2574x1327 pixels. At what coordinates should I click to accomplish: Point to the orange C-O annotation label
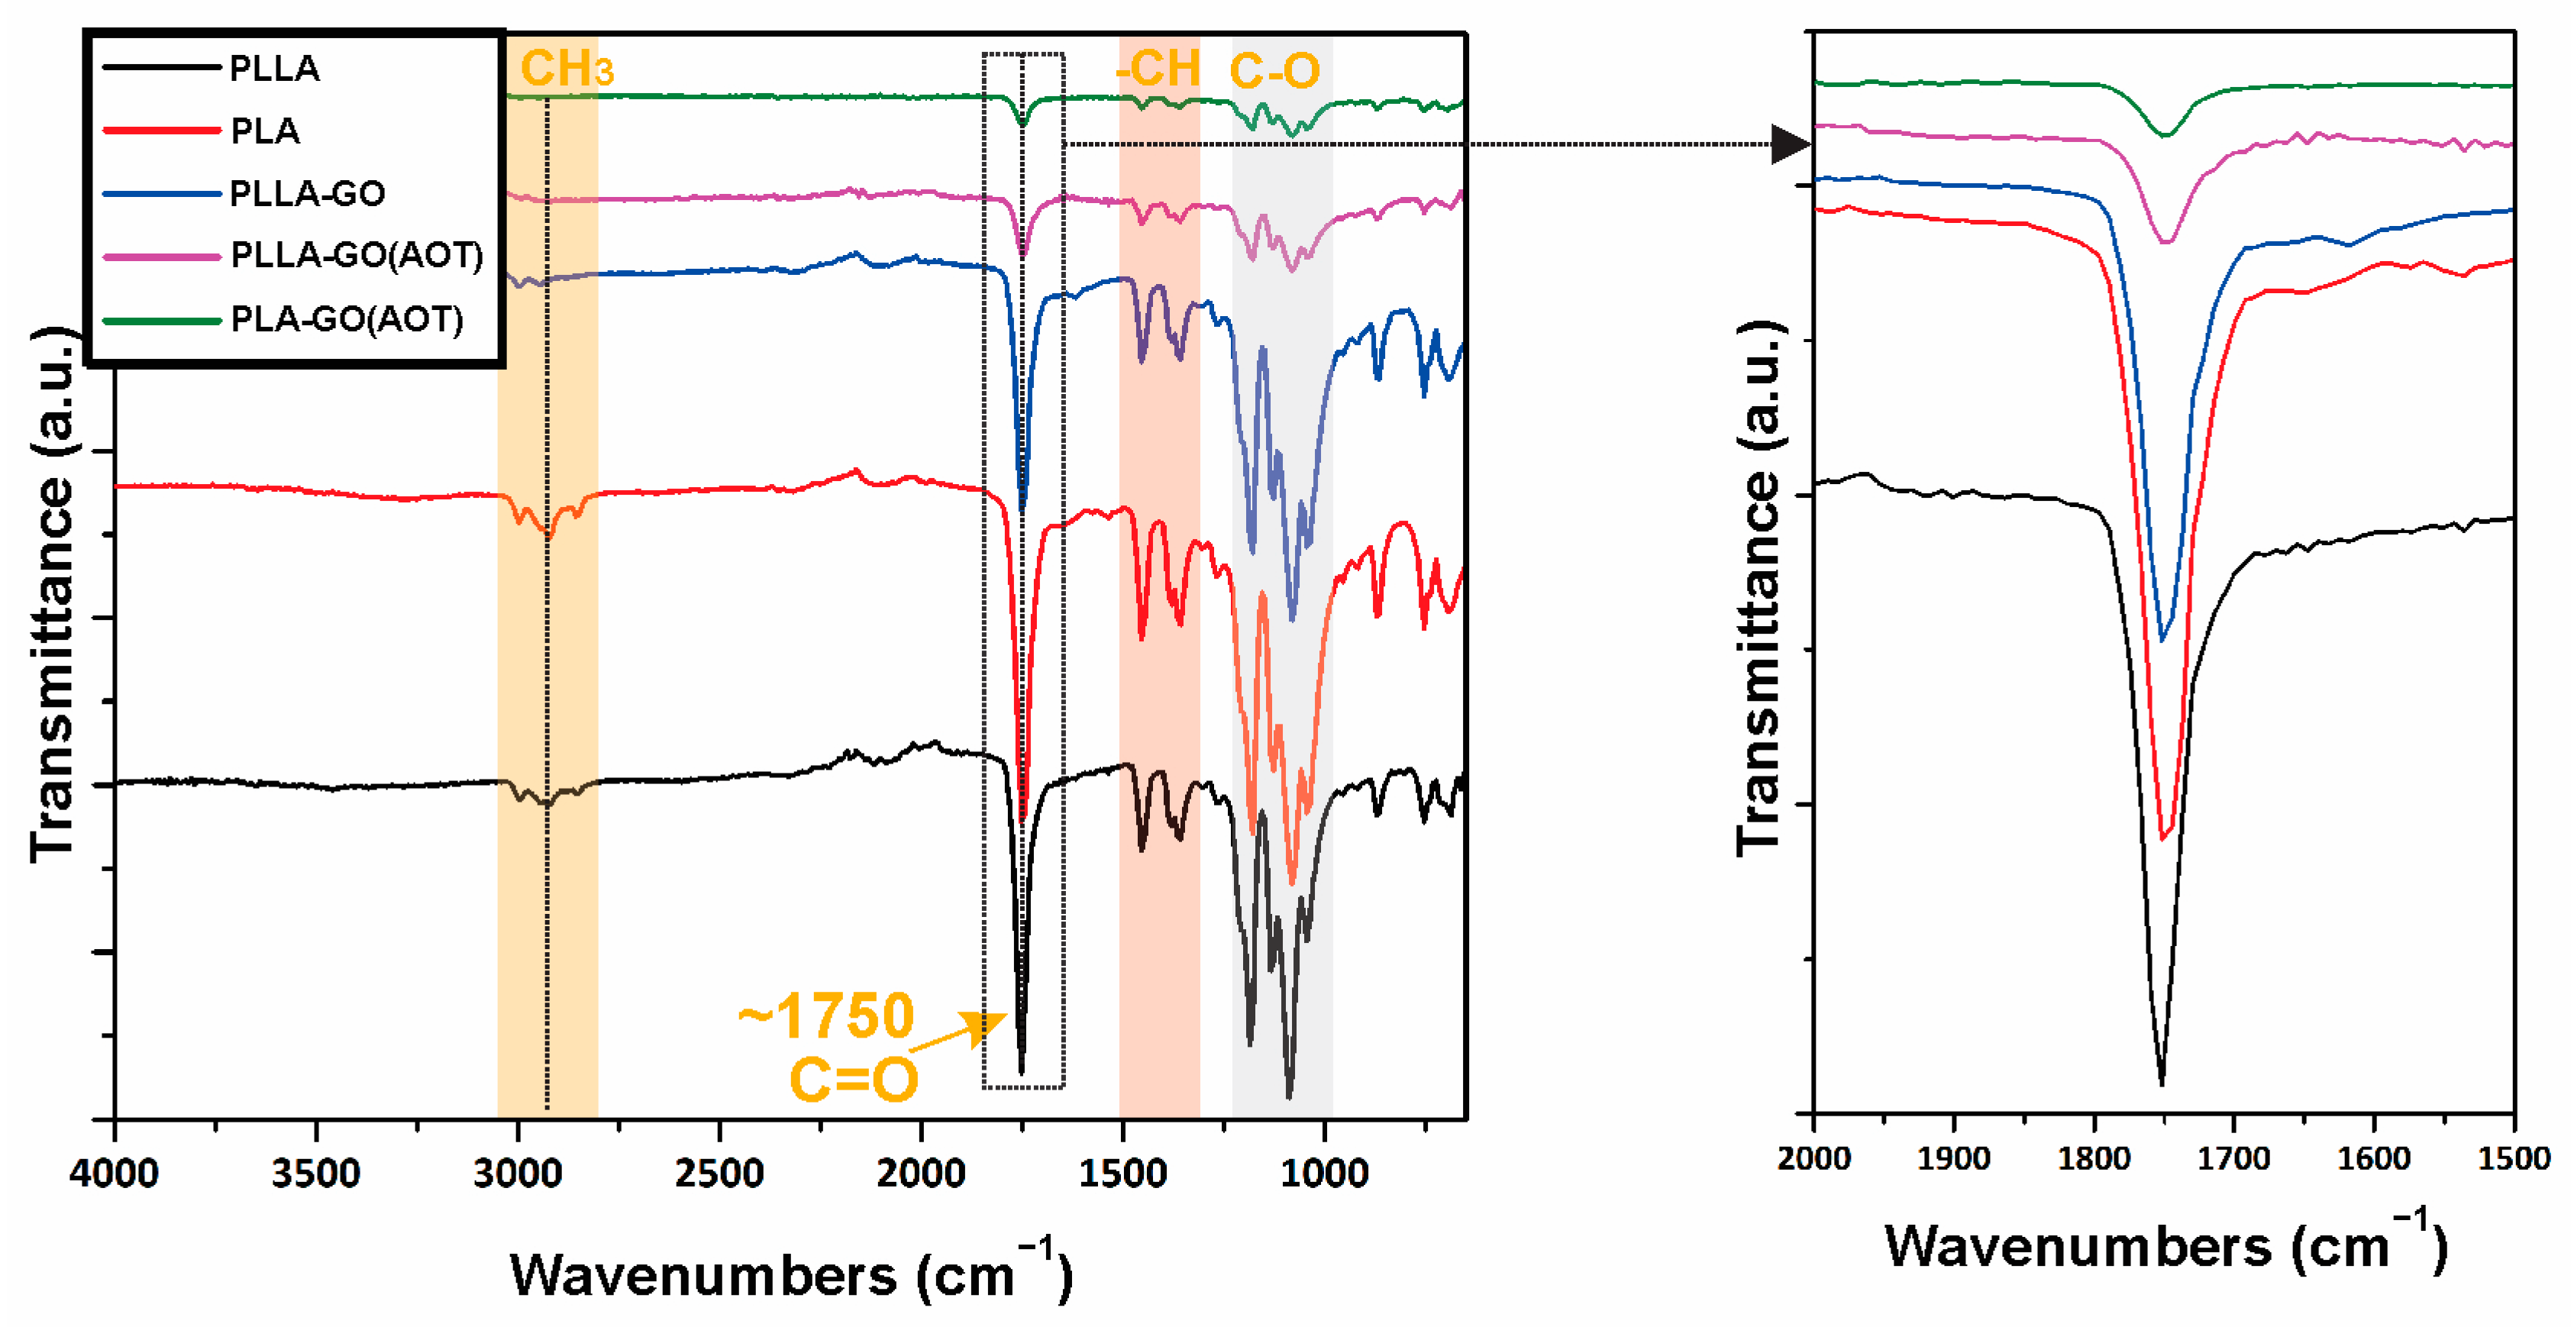click(x=1274, y=71)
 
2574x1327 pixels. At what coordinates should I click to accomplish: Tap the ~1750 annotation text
click(x=826, y=1016)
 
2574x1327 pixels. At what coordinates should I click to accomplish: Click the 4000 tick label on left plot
click(x=114, y=1173)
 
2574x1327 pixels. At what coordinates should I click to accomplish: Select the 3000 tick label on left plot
click(x=518, y=1173)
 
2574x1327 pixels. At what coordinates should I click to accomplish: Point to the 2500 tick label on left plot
click(x=719, y=1173)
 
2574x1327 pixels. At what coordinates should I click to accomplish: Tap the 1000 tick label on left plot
click(x=1324, y=1173)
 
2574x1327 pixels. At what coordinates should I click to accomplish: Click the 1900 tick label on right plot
click(x=1953, y=1159)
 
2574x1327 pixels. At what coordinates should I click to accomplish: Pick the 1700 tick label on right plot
click(x=2234, y=1159)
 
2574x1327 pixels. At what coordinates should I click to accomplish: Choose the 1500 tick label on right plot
click(x=2514, y=1159)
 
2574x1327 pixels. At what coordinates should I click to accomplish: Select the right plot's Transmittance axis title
click(x=1758, y=589)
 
